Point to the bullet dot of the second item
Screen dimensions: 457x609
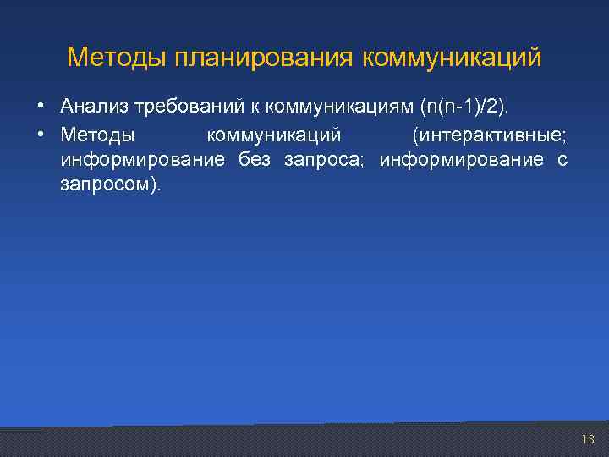coord(41,135)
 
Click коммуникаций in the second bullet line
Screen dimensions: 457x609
coord(273,135)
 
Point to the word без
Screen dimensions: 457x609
coord(255,160)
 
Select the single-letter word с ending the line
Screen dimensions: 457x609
coord(562,160)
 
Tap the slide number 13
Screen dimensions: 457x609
coord(588,439)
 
